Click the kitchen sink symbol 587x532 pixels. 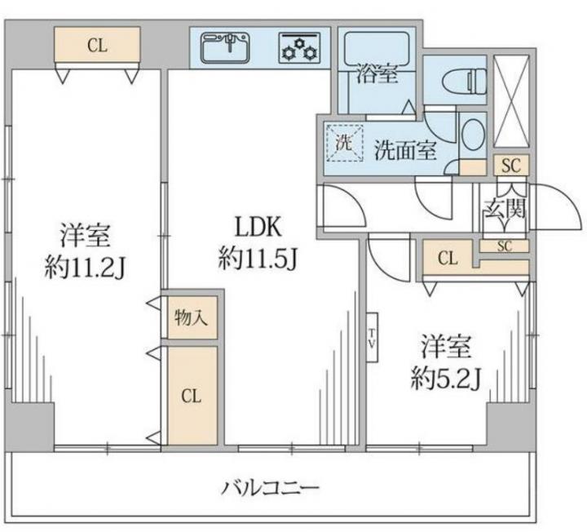tap(225, 47)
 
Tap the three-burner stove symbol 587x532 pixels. tap(299, 48)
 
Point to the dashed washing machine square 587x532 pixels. tap(345, 142)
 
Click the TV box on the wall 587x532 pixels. tap(372, 338)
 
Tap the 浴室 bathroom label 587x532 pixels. tap(377, 73)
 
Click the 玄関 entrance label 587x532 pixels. tap(505, 208)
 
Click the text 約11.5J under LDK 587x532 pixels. tap(258, 258)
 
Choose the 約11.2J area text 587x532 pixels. tap(85, 267)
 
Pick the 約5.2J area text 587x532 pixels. tap(445, 378)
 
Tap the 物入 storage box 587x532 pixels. tap(192, 317)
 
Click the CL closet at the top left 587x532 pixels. tap(97, 44)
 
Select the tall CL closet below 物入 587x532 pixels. tap(192, 396)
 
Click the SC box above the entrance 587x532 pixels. tap(511, 165)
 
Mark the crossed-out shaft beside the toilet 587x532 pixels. tap(511, 101)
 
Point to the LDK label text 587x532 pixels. tap(258, 227)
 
